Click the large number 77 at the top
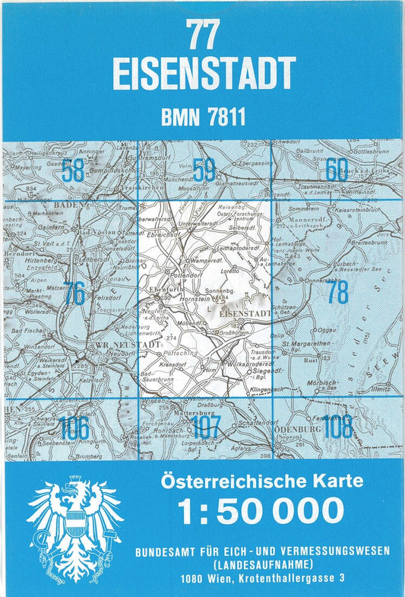(x=203, y=35)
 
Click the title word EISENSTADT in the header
(x=203, y=74)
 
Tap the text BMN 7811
(x=203, y=118)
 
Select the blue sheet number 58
(x=74, y=170)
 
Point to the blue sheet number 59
(x=204, y=170)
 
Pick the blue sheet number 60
(x=337, y=168)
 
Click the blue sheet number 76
(x=74, y=293)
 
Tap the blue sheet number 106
(x=74, y=428)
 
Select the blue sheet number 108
(x=337, y=427)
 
